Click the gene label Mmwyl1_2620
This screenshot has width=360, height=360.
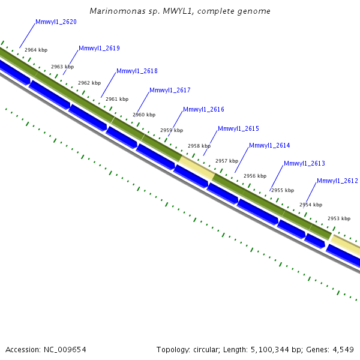click(x=56, y=22)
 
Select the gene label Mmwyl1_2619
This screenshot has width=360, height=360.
click(x=99, y=49)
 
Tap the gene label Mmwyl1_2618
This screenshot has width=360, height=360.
click(x=137, y=71)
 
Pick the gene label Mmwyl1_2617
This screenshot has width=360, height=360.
click(x=170, y=91)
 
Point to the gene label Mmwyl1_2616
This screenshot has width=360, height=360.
click(x=203, y=110)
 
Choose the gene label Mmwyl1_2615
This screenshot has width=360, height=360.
click(x=238, y=129)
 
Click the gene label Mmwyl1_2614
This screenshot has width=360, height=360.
click(x=269, y=146)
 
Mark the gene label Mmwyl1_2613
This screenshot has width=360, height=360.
click(x=304, y=164)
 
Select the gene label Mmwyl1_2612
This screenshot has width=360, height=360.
click(x=337, y=181)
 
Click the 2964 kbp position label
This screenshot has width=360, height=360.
click(x=36, y=50)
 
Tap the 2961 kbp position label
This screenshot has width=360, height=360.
click(x=117, y=100)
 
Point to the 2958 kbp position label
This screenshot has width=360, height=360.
click(x=199, y=146)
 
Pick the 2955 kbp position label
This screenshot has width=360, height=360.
click(x=283, y=190)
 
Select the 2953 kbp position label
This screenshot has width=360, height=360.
click(x=338, y=219)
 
